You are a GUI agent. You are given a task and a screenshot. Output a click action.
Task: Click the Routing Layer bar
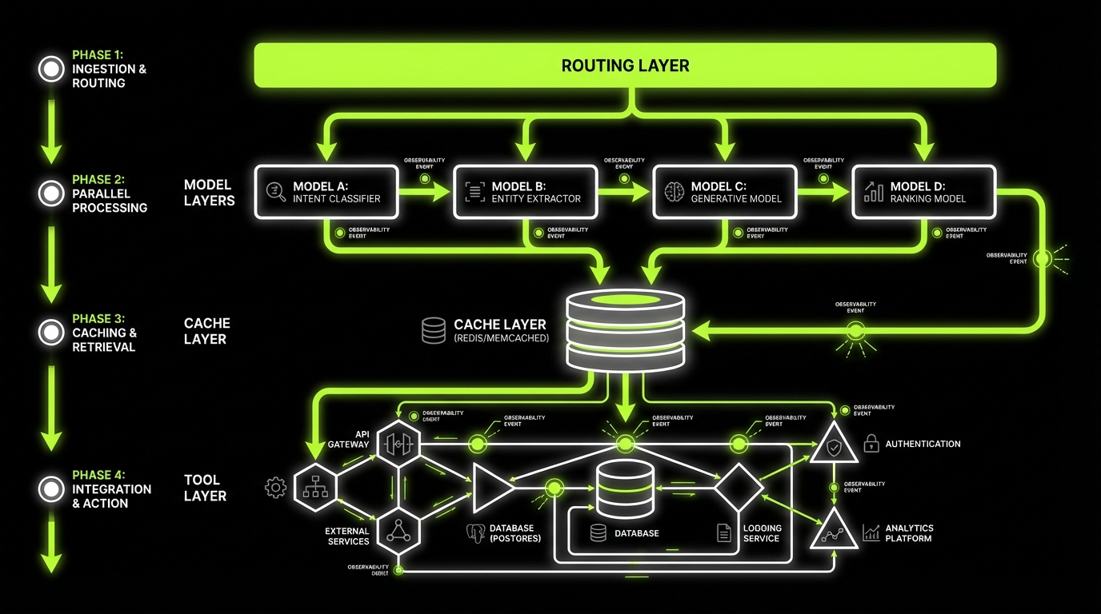coord(625,66)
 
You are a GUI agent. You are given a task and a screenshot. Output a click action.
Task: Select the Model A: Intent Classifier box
coord(326,192)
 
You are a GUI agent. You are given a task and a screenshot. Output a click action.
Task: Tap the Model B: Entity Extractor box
coord(525,192)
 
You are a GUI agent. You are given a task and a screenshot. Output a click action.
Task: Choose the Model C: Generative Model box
coord(725,192)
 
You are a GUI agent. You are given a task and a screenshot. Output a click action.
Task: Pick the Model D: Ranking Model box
coord(923,192)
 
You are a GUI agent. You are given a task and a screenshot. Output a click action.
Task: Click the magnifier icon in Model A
coord(275,192)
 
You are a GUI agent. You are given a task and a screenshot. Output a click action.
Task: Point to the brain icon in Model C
coord(674,192)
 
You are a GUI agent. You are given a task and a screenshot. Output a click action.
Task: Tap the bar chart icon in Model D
coord(874,192)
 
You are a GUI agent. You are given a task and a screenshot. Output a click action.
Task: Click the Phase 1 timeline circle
coord(51,69)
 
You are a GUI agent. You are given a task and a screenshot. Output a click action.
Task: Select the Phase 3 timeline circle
coord(51,332)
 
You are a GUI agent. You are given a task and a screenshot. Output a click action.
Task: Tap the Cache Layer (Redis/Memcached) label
coord(499,330)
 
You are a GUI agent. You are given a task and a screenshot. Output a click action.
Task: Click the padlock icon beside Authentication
coord(871,444)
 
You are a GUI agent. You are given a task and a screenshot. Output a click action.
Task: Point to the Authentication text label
coord(923,444)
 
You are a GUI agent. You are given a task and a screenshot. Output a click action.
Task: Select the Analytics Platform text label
coord(909,533)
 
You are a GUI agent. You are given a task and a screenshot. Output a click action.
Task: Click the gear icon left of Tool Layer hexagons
coord(275,487)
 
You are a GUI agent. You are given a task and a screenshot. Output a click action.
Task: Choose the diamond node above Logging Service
coord(739,485)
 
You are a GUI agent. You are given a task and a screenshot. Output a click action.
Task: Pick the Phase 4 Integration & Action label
coord(111,488)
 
